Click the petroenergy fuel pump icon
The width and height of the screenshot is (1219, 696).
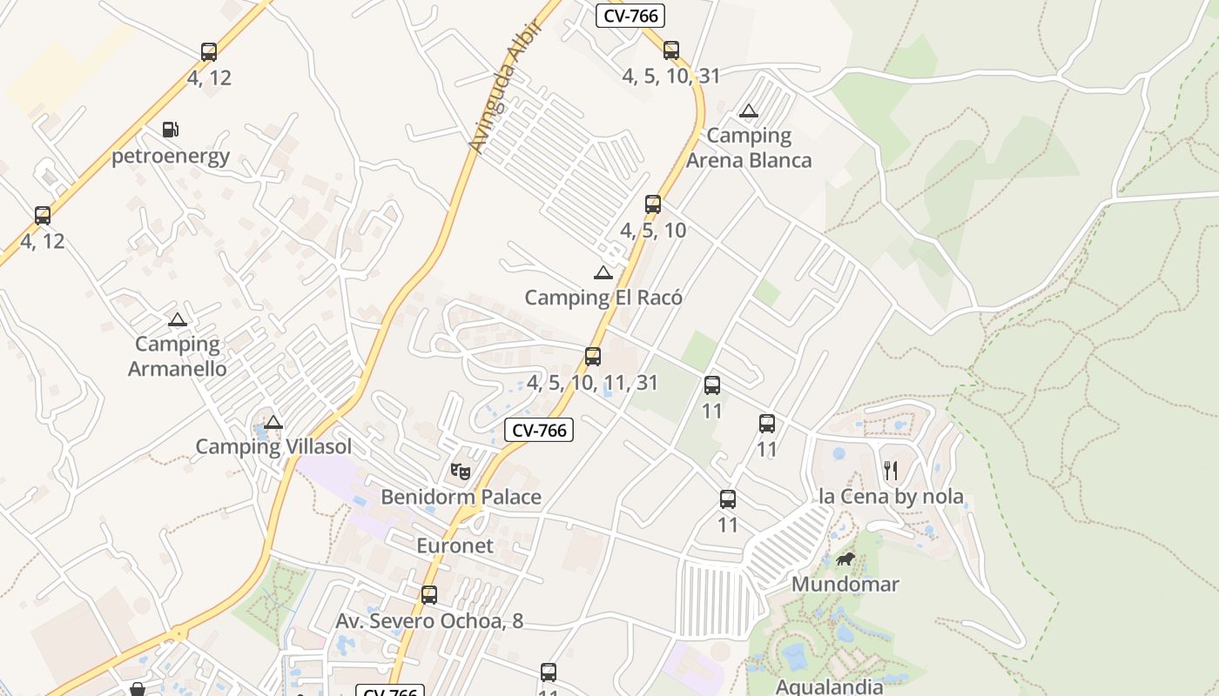click(x=171, y=130)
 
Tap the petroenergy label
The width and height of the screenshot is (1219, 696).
click(x=171, y=157)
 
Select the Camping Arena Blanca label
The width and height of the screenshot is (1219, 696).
click(x=749, y=148)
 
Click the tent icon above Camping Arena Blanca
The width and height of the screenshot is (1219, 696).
click(x=748, y=110)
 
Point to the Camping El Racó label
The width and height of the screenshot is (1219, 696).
click(x=603, y=298)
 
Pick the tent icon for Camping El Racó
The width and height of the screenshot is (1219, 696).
click(x=603, y=272)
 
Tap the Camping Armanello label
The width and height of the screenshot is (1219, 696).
click(x=178, y=357)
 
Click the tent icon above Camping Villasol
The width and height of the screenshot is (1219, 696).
click(x=273, y=423)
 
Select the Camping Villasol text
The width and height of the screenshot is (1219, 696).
click(x=273, y=447)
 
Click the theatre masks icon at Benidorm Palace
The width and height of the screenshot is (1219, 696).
click(x=461, y=472)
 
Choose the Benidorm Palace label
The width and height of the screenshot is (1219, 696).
click(x=461, y=498)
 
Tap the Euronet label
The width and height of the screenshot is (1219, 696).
click(x=455, y=546)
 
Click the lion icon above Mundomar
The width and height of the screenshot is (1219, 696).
click(x=845, y=559)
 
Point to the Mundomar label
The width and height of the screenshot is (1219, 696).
click(x=845, y=584)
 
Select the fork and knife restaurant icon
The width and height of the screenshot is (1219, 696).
click(x=890, y=471)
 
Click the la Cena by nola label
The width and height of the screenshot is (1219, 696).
click(x=891, y=497)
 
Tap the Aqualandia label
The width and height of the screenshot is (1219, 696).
click(x=829, y=686)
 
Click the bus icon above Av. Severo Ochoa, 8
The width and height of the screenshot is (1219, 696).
click(x=429, y=595)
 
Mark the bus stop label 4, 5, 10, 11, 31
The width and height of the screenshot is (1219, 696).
click(x=592, y=383)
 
